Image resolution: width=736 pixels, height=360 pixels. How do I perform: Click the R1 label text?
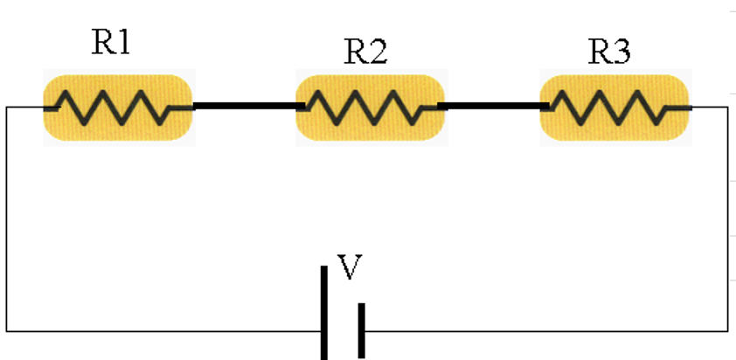111,43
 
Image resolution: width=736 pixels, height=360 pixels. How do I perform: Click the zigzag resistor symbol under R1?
116,108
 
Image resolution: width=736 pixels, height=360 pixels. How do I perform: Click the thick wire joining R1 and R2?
247,107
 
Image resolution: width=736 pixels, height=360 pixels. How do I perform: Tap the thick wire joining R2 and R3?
492,107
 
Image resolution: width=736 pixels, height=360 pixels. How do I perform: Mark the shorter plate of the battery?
361,329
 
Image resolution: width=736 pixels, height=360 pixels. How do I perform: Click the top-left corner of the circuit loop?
7,107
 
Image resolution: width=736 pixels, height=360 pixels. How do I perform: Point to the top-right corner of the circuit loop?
727,107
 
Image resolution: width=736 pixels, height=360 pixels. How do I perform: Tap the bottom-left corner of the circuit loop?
7,330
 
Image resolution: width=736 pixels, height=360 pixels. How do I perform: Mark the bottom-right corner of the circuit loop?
727,330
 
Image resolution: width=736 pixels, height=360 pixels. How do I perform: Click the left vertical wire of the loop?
7,218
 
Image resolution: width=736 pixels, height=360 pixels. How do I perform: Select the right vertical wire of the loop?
727,218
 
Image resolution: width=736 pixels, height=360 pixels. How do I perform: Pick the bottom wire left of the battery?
166,330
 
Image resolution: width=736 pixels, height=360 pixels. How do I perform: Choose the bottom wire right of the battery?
542,330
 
